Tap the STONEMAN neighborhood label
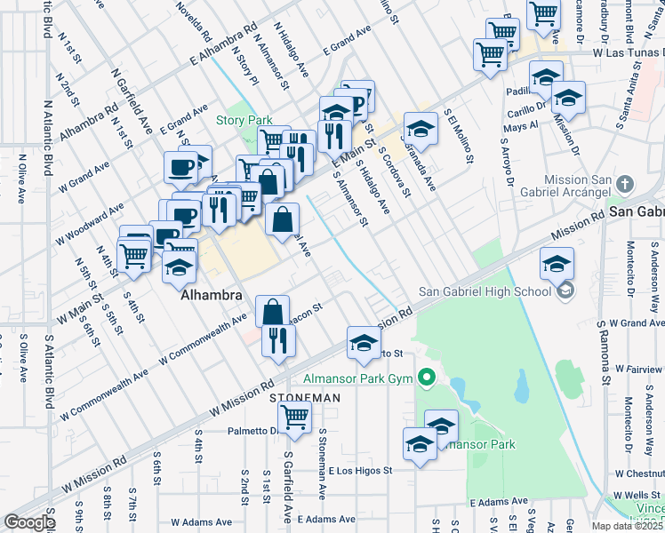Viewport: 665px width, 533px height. [x=305, y=398]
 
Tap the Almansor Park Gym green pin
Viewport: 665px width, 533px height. [x=426, y=378]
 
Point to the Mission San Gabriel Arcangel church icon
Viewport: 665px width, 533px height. [x=625, y=184]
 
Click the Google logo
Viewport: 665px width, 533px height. [x=29, y=521]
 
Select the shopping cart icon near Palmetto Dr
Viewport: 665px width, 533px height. [x=294, y=415]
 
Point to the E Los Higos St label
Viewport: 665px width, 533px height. [x=360, y=471]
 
